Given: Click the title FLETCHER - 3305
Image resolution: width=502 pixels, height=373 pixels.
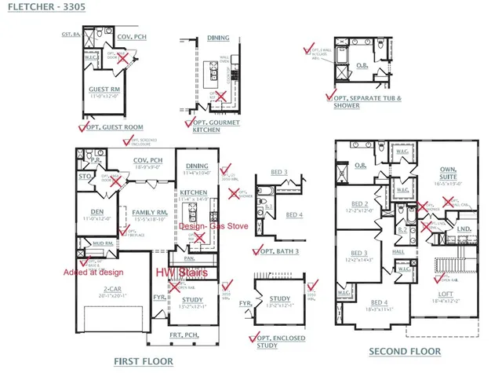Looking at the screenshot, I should [42, 7].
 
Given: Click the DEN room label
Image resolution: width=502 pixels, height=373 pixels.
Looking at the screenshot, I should [96, 212].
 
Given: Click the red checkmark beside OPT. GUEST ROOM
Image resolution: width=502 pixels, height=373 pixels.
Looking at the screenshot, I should [83, 126].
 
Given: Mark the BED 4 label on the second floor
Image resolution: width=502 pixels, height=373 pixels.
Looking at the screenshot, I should [379, 302].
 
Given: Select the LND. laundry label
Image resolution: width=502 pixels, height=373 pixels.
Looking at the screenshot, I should [464, 229].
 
